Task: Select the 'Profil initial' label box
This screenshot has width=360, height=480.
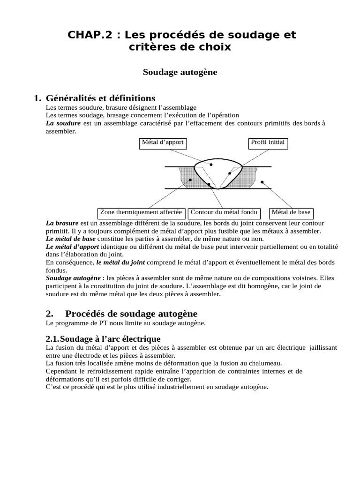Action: tap(268, 142)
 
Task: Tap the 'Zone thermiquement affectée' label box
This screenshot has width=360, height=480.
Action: tap(141, 212)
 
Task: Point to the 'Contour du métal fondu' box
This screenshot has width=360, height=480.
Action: tap(224, 212)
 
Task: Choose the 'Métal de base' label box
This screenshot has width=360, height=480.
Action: tap(291, 212)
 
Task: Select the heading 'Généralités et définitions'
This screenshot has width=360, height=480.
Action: tap(100, 98)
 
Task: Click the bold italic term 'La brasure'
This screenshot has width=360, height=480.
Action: tap(62, 223)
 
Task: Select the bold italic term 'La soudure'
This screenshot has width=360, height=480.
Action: tap(63, 123)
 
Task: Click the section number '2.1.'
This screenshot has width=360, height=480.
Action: tap(53, 338)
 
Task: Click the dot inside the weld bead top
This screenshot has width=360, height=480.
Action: tap(211, 165)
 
